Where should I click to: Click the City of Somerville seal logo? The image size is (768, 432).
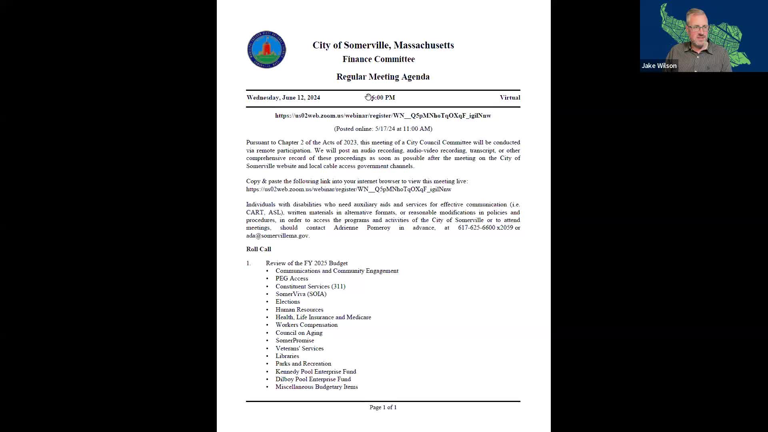(x=266, y=50)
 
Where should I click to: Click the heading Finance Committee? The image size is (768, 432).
(x=378, y=59)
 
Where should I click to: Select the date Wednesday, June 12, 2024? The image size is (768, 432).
(x=283, y=98)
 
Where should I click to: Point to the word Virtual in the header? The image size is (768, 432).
(x=510, y=98)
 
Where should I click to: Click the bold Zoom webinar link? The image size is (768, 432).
(x=383, y=116)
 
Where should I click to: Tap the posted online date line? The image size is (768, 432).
(x=383, y=129)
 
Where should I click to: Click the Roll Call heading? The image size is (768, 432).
(x=258, y=249)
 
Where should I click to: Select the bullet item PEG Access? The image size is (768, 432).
(x=292, y=278)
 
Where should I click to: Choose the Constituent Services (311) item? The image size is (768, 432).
(x=310, y=286)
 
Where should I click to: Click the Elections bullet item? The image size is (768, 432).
(x=287, y=302)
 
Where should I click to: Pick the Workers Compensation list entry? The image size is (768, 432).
(x=306, y=325)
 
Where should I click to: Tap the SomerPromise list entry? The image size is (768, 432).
(x=294, y=340)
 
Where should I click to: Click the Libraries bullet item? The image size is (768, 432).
(x=287, y=356)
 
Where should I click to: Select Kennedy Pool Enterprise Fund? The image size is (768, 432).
(x=316, y=372)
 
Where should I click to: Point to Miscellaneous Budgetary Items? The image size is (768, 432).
(x=316, y=387)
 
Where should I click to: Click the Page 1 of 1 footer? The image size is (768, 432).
(x=383, y=407)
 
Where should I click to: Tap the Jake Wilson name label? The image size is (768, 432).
(x=659, y=66)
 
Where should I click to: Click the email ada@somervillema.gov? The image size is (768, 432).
(x=277, y=236)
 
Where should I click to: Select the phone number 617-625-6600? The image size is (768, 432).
(x=476, y=228)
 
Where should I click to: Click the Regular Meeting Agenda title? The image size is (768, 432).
(x=383, y=77)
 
